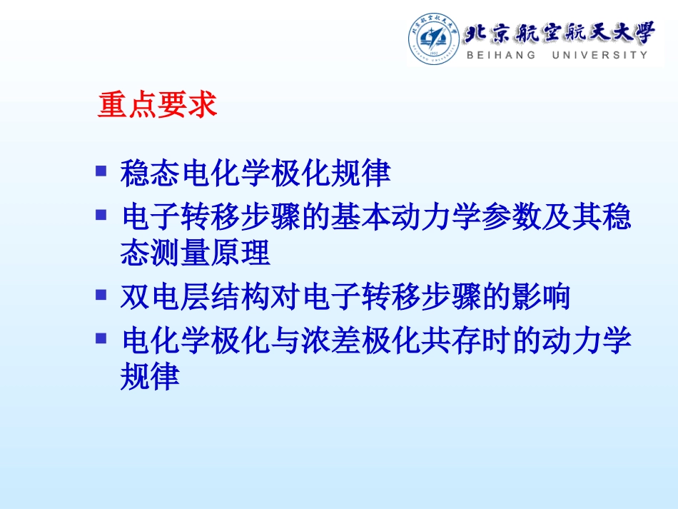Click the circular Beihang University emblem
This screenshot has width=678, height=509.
pos(433,38)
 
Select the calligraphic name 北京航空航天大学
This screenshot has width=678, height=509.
pos(558,31)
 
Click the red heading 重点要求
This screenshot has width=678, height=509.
pos(157,106)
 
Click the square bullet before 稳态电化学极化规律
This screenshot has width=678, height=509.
pos(101,171)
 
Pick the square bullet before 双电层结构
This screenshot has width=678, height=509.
pos(101,293)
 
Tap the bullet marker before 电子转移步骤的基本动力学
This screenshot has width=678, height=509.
pos(101,213)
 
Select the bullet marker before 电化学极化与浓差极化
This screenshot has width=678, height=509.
pos(101,336)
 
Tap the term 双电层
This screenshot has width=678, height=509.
pos(166,297)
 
